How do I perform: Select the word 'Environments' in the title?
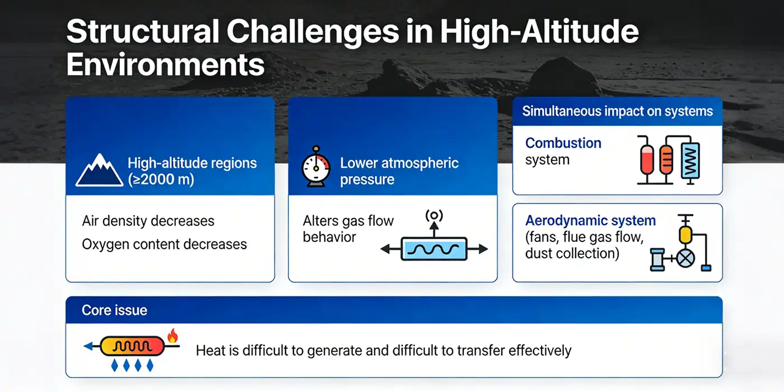click(165, 65)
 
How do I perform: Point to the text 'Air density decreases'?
click(148, 221)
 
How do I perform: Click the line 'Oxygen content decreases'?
click(164, 244)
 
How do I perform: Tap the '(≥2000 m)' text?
click(161, 180)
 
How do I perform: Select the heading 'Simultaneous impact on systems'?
click(617, 111)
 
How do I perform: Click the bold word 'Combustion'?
click(563, 143)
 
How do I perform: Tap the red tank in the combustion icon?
click(646, 159)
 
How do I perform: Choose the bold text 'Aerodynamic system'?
click(590, 221)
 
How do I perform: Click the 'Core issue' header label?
click(114, 310)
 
